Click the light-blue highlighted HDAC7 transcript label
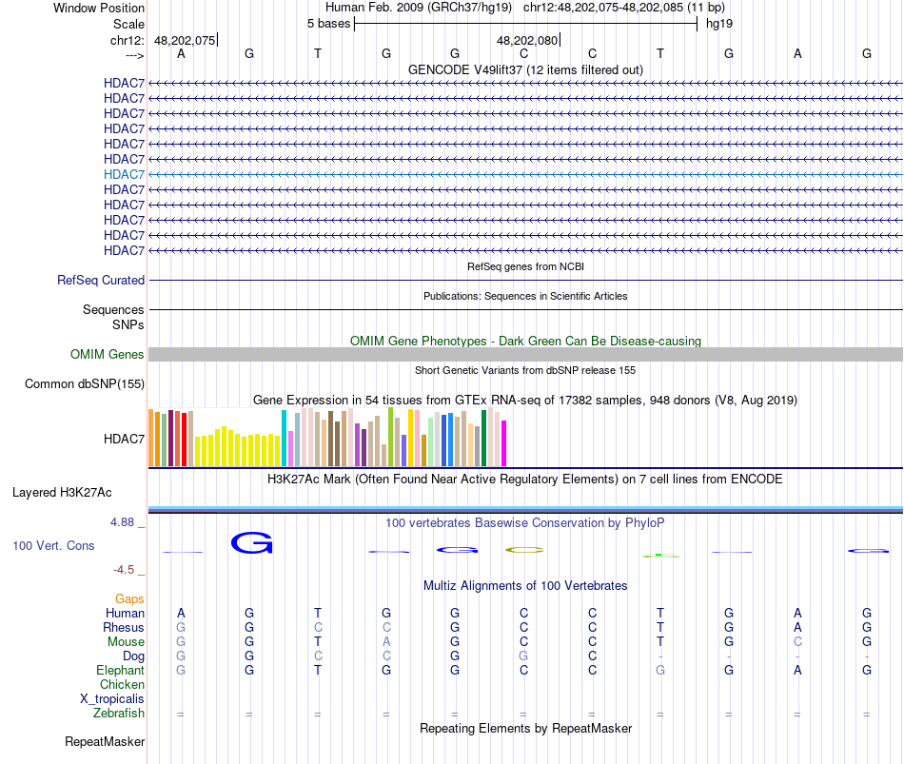point(124,174)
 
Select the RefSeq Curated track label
point(101,281)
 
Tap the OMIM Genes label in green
point(108,355)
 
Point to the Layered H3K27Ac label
point(62,493)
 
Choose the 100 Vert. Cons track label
point(53,546)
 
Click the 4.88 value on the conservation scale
point(125,522)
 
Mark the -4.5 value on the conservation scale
point(127,570)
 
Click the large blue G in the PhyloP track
point(251,543)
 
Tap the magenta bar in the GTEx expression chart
point(504,443)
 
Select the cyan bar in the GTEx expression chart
point(285,438)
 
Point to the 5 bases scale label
point(328,24)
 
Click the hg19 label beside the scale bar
point(718,24)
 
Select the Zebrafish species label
point(119,714)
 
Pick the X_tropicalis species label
point(112,699)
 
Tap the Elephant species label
point(120,671)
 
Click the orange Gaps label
point(129,599)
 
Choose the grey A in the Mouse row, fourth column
point(386,642)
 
